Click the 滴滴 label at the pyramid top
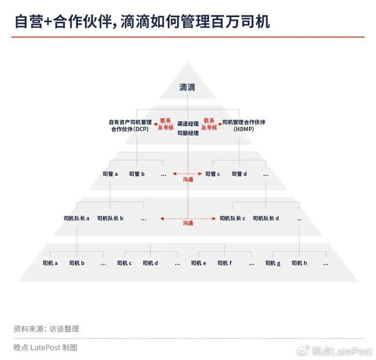pos(187,87)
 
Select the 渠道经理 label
pos(188,124)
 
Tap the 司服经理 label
pos(188,133)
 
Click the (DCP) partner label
pos(130,125)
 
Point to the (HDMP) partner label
pos(244,125)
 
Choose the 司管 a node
pos(110,174)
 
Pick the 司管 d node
pos(239,174)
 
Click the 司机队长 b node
pos(110,218)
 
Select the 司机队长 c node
pos(233,218)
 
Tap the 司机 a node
pos(50,263)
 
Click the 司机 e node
pos(198,263)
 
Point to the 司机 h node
pos(299,263)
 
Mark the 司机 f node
pos(225,263)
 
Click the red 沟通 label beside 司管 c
pos(188,179)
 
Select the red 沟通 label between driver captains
pos(188,224)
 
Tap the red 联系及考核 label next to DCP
pos(165,124)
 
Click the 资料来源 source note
pos(46,329)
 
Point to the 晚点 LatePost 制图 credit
pos(45,348)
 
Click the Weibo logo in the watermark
pos(303,351)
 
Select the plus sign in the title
pos(48,22)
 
